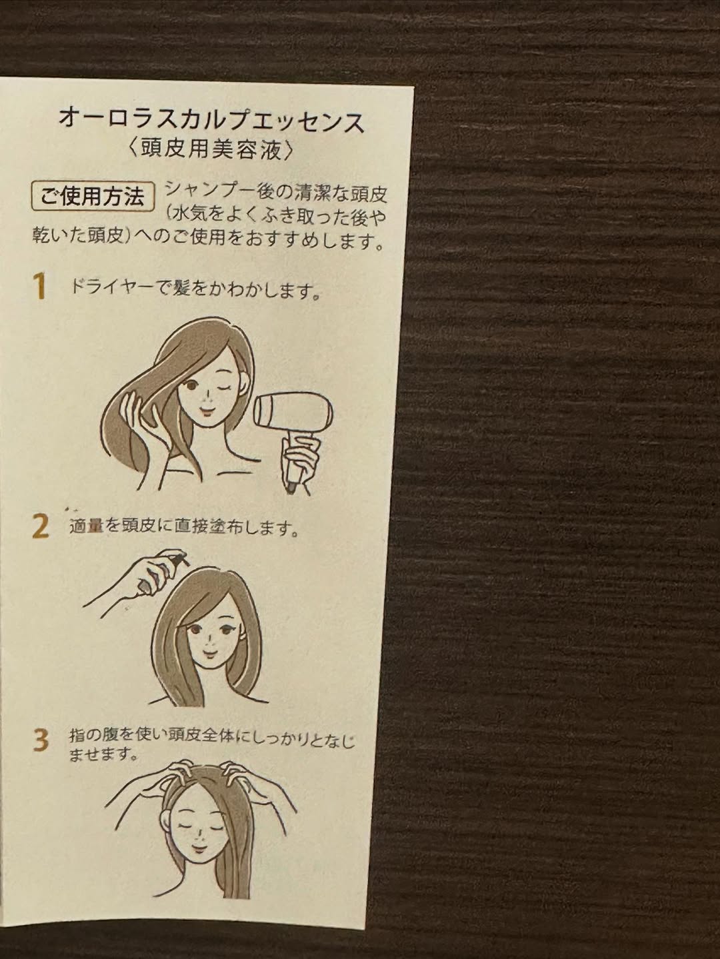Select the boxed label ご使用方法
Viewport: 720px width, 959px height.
[x=93, y=197]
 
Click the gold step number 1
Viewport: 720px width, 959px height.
[x=40, y=286]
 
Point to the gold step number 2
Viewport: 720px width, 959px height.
[x=41, y=527]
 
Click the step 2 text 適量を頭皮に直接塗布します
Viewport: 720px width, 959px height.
[x=183, y=528]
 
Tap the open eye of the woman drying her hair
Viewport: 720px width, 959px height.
[x=191, y=386]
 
